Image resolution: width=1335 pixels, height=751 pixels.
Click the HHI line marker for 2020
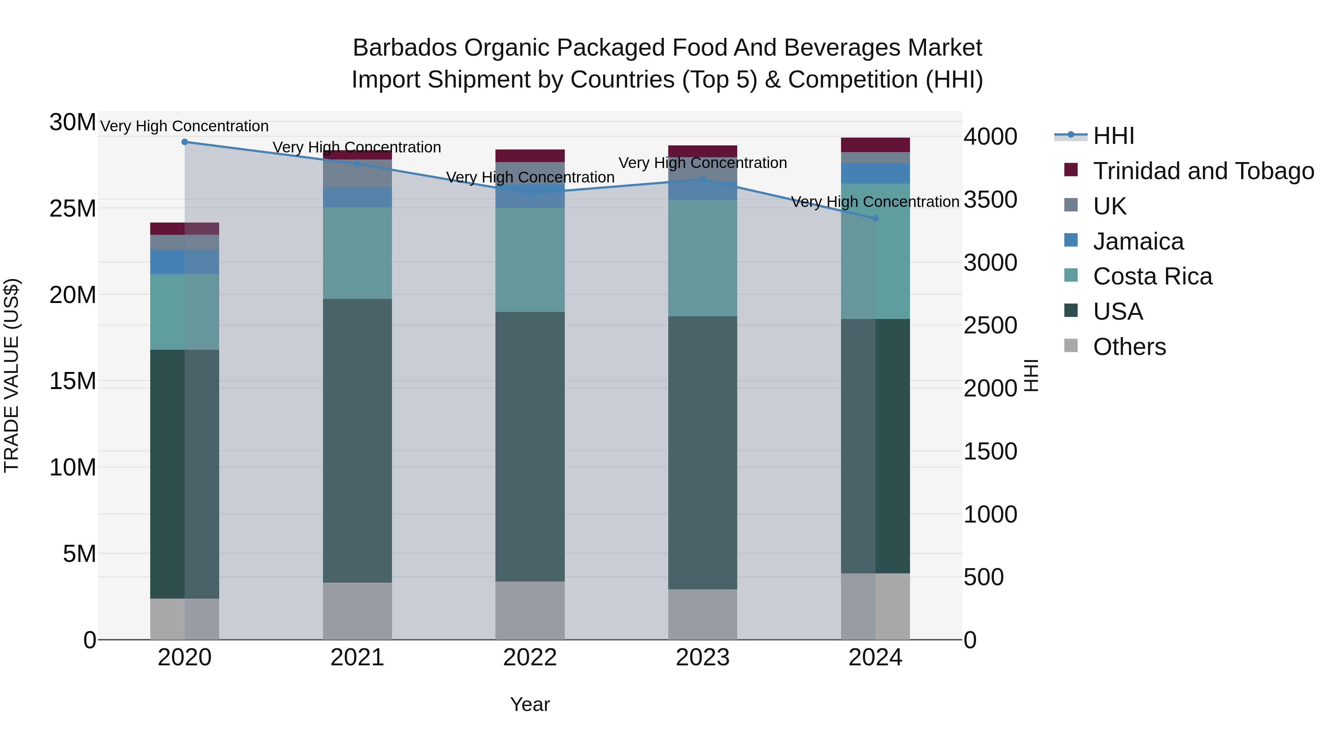(x=185, y=142)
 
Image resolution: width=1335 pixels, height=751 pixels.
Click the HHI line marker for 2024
(x=875, y=218)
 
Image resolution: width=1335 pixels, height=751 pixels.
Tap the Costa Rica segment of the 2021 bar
(x=357, y=253)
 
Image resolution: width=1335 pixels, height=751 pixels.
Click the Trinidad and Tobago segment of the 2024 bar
(x=875, y=145)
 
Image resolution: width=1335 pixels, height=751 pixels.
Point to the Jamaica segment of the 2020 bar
(x=185, y=262)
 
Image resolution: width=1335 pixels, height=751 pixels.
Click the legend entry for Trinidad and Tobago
(x=1203, y=171)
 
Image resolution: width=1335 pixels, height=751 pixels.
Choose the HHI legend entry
(x=1113, y=136)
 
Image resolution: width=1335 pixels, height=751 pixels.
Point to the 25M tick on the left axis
(x=73, y=208)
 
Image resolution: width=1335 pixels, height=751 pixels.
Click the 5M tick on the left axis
(x=79, y=554)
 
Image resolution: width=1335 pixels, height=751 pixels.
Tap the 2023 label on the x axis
(x=702, y=658)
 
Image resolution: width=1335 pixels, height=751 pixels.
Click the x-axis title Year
(x=530, y=704)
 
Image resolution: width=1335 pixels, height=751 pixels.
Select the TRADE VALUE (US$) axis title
(x=11, y=375)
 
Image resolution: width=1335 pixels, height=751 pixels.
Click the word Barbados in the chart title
(x=405, y=48)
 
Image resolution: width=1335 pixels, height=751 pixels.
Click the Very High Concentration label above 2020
(x=185, y=126)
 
